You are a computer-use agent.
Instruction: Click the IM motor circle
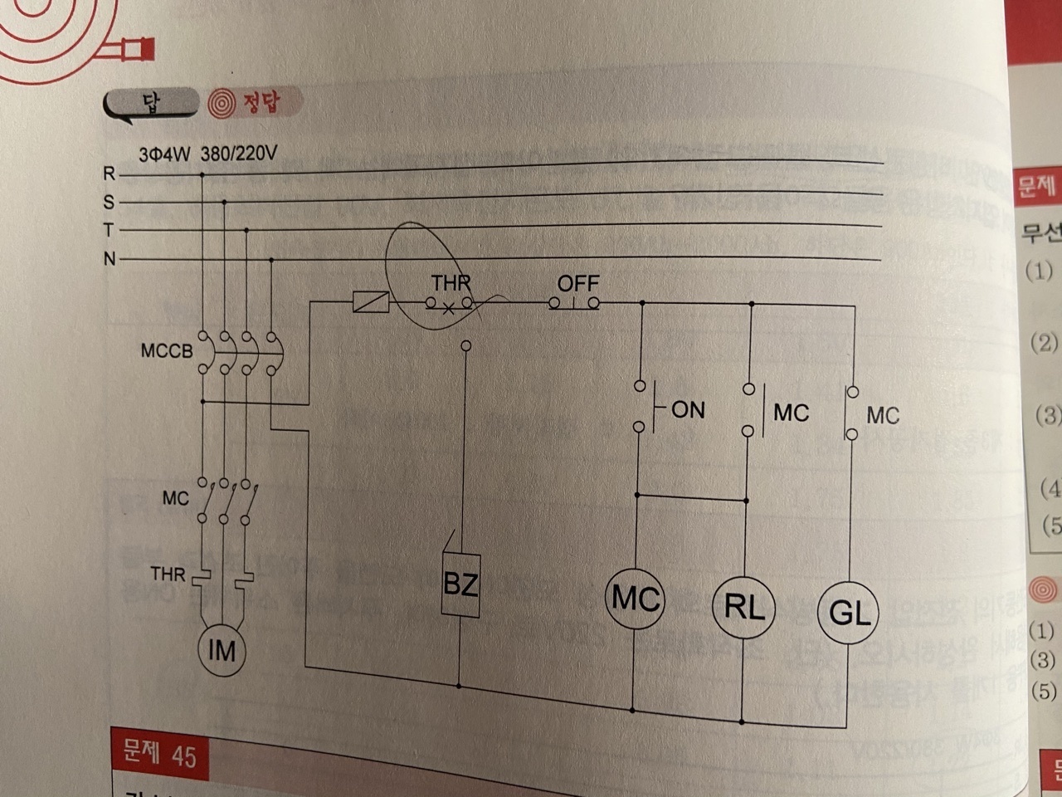coord(222,650)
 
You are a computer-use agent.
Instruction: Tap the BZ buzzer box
coord(460,584)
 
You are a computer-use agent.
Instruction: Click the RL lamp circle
coord(743,607)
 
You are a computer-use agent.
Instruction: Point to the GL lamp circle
coord(850,614)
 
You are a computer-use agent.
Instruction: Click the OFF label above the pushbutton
coord(577,284)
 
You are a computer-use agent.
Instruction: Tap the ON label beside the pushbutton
coord(688,409)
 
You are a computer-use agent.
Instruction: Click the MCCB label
coord(166,351)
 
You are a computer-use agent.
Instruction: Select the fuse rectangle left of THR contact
coord(369,302)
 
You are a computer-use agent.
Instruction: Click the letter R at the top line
coord(109,174)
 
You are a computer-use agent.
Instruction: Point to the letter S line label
coord(109,202)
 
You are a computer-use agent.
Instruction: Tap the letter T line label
coord(109,230)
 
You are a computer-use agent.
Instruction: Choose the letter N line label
coord(109,259)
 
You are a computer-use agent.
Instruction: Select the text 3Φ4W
coord(165,155)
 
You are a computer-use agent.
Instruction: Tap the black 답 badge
coord(153,104)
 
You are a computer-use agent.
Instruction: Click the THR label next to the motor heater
coord(168,574)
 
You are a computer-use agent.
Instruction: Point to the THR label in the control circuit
coord(451,284)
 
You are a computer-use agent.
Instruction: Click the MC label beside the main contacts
coord(175,498)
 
